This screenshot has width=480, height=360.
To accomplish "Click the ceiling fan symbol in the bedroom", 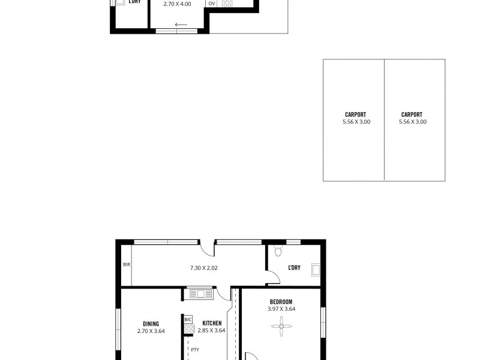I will coord(281,327).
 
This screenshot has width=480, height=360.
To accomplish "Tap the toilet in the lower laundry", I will coord(277,249).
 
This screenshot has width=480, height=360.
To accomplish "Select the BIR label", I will coord(127,265).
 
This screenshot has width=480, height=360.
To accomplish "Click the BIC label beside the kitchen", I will coord(188,319).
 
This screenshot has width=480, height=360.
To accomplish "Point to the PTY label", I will coord(194,349).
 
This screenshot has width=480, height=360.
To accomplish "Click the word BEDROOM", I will coord(281,301).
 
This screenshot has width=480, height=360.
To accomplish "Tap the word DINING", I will coord(151,323).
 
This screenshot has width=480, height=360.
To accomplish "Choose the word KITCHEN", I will coord(212,323).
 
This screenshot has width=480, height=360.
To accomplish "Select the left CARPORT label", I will coord(355,115).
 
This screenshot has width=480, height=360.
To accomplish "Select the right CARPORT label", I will coord(412,115).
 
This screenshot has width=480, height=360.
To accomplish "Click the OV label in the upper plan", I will coord(212,4).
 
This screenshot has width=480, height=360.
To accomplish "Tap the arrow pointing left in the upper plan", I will coord(181,25).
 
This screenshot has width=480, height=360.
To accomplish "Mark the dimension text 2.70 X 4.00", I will coord(177,4).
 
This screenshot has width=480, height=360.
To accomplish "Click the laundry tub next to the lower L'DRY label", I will coord(316,270).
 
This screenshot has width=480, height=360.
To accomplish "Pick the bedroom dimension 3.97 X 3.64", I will coord(281,309).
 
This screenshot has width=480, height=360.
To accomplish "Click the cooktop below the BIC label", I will coord(189,329).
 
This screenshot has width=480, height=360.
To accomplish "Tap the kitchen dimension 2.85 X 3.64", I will coord(211,330).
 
